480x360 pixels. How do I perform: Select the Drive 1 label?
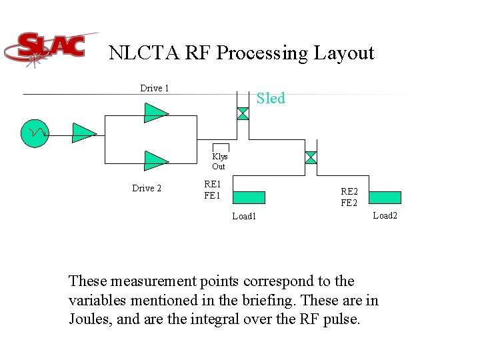(155, 88)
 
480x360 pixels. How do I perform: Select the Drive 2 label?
(147, 188)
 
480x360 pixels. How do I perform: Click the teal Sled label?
(271, 99)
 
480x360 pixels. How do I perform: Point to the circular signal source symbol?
(35, 133)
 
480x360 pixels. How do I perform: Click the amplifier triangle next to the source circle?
(84, 133)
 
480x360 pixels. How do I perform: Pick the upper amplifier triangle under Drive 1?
(156, 113)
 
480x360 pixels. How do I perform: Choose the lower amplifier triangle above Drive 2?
(156, 161)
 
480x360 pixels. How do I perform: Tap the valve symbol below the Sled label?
(243, 114)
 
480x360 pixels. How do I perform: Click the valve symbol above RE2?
(311, 157)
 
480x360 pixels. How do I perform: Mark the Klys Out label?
(219, 161)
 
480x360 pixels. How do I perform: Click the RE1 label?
(213, 184)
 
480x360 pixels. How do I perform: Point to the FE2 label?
(349, 203)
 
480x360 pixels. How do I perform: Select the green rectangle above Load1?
(249, 197)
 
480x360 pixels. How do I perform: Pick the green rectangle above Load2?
(385, 197)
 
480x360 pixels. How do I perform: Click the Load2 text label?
(385, 215)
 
